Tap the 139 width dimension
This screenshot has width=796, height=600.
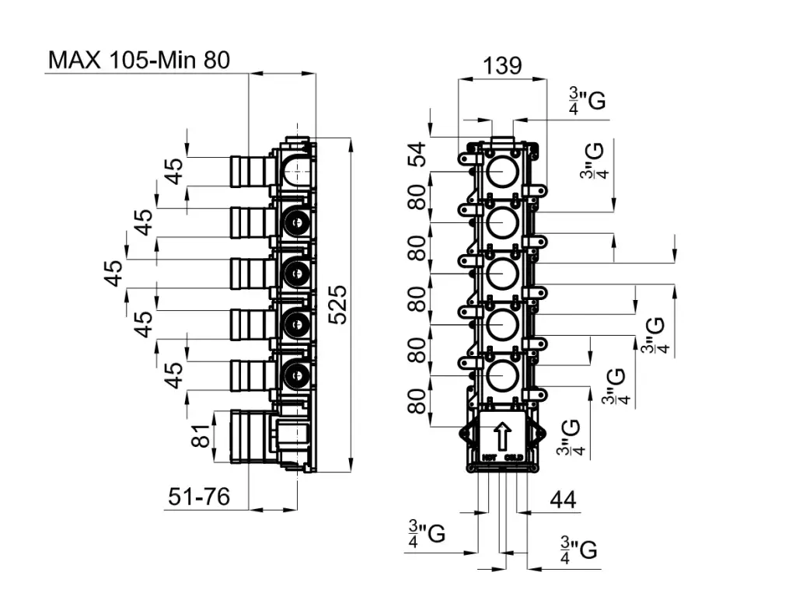502,65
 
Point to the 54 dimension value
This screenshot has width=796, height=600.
419,154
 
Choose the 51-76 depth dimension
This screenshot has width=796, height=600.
199,497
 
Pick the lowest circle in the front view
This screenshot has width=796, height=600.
502,376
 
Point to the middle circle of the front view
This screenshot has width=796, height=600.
502,273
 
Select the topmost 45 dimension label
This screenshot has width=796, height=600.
176,171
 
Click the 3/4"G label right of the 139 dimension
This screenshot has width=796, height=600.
587,101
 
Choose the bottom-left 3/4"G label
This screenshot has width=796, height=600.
427,535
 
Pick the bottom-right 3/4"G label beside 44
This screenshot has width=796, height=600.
578,549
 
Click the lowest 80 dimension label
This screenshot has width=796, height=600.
419,402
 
